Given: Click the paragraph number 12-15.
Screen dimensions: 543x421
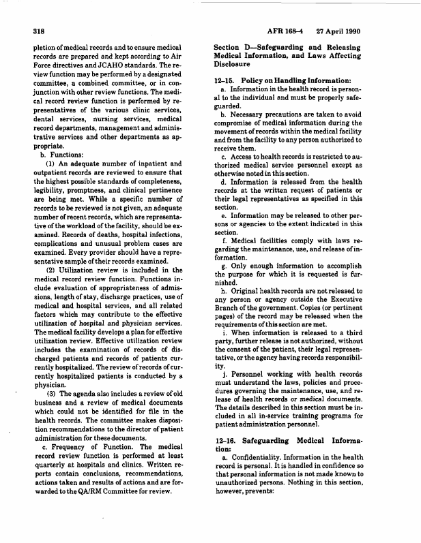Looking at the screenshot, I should (x=226, y=82).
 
